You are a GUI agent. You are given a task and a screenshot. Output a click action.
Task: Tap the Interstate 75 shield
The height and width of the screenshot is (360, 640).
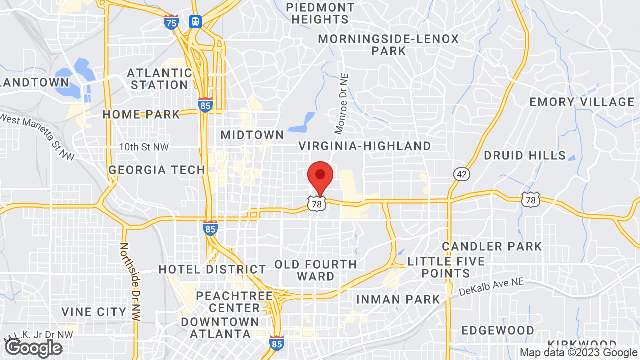click(x=171, y=22)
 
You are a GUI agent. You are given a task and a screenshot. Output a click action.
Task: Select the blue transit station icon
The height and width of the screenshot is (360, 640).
click(x=195, y=21)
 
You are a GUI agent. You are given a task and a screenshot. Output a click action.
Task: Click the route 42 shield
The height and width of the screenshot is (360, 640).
click(x=461, y=174)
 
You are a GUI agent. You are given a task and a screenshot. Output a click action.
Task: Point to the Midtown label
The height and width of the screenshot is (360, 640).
click(x=252, y=135)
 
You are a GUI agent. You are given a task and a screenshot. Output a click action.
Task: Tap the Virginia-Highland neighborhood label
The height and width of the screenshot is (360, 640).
click(x=365, y=146)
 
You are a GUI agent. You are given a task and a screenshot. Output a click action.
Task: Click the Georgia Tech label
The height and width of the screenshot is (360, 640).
click(x=157, y=170)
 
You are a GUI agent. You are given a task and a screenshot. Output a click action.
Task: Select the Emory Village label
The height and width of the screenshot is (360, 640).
click(x=582, y=102)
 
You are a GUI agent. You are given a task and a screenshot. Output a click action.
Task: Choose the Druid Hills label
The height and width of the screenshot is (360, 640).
click(x=525, y=156)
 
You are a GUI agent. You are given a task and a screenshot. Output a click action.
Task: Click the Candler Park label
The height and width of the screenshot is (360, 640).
click(x=492, y=246)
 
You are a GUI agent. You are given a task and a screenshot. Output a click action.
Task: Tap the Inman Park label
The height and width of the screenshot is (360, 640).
click(x=398, y=299)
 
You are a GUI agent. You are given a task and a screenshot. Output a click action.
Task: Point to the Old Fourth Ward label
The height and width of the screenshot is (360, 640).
click(x=316, y=270)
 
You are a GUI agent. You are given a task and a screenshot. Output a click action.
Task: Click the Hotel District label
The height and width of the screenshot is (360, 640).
click(x=212, y=270)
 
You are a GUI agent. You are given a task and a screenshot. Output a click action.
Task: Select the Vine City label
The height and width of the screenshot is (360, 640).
click(x=94, y=312)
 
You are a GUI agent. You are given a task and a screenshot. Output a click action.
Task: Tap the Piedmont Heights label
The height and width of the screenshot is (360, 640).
click(x=320, y=14)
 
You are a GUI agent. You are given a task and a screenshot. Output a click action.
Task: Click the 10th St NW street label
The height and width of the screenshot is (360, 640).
click(x=144, y=147)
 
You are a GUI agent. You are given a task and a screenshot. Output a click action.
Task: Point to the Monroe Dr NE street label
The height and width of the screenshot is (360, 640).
click(x=342, y=104)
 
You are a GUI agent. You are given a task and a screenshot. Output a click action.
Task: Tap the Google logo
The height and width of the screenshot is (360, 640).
click(x=33, y=348)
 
